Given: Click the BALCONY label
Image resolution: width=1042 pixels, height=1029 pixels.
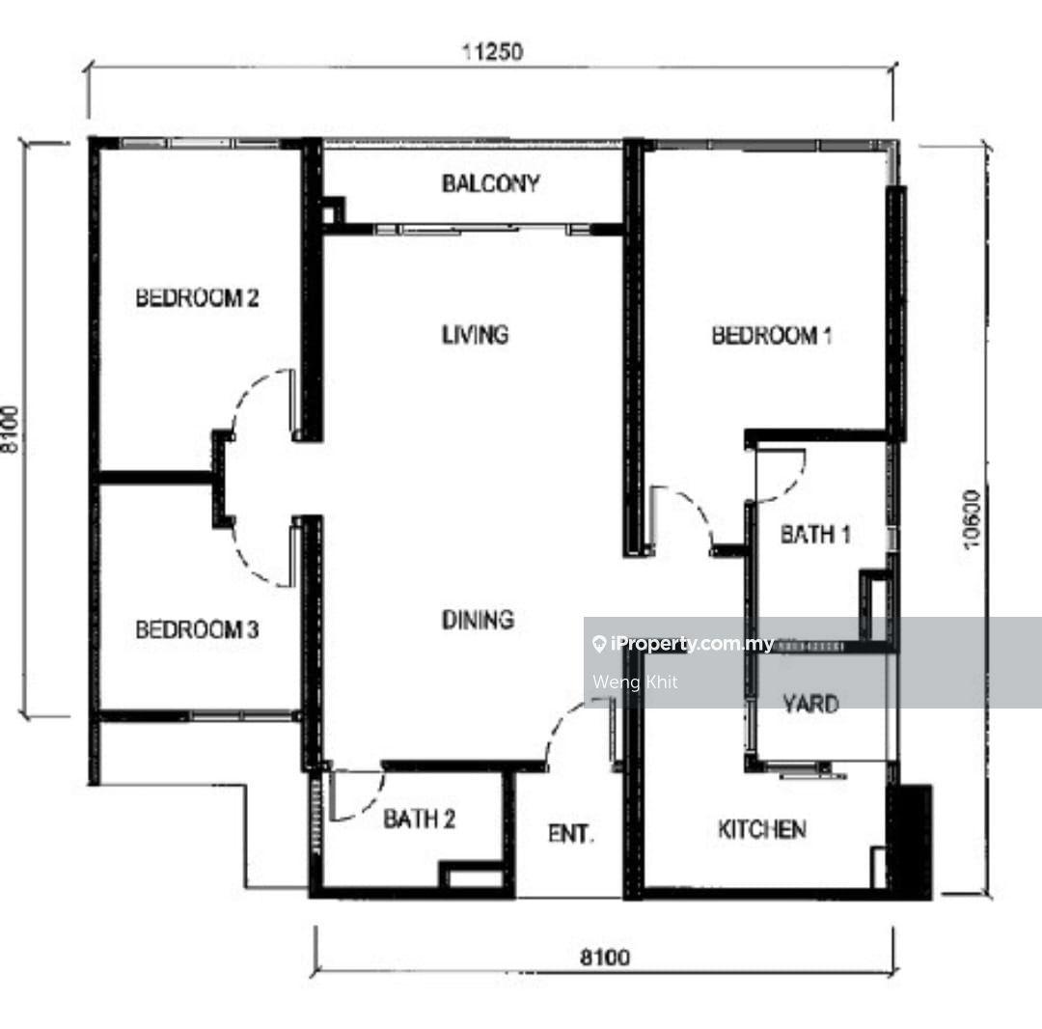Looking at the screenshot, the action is coord(490,183).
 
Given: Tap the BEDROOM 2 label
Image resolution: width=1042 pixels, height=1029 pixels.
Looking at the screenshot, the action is coord(198,298).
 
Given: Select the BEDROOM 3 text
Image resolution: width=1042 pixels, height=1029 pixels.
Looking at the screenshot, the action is coord(198,629).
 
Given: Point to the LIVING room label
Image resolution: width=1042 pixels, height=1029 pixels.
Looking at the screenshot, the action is coord(476,334).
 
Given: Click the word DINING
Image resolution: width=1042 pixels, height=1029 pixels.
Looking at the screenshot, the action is coord(478,620).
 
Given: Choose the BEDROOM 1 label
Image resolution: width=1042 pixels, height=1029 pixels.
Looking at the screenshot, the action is coord(772,335).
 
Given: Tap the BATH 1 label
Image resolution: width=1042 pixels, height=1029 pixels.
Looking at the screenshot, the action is coord(815,534).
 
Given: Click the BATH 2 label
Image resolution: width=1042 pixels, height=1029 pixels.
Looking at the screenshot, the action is coord(420,819).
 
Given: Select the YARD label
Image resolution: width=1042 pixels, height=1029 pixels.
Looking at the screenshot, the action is coord(810,704).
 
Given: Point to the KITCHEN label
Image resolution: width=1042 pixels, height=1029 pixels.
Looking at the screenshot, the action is coord(762,829).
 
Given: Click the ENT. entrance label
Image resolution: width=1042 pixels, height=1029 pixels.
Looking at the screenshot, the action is coord(570,834).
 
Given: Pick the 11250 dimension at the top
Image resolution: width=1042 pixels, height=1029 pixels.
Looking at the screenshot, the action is coord(492,51).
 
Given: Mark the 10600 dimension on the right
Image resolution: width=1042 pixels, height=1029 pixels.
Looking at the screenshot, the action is coord(972,519).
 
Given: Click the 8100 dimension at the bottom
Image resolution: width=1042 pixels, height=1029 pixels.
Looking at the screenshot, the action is coord(605,958).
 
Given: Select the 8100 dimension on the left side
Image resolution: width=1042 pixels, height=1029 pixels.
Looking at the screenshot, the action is coord(10,430).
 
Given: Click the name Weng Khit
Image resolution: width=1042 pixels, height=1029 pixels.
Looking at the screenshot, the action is coord(635,682).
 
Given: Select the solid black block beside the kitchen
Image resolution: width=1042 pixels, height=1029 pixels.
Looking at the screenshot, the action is coord(913,842).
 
